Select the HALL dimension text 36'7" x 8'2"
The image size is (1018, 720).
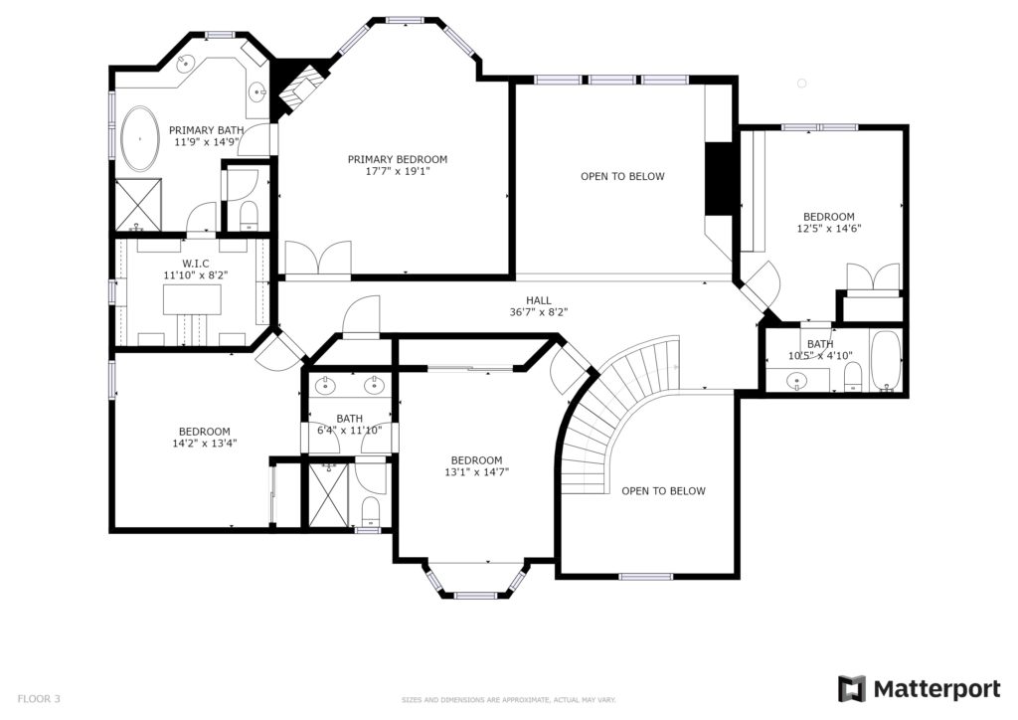539,312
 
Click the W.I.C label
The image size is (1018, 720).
196,264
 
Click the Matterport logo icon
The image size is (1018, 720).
852,689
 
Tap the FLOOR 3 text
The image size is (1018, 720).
39,699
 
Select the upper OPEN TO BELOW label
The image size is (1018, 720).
622,177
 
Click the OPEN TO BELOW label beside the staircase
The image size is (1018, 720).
663,491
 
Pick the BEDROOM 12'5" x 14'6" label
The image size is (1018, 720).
829,223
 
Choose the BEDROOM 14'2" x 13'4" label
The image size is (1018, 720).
205,438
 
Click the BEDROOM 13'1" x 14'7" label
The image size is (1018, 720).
476,466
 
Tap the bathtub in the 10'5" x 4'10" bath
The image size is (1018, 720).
886,361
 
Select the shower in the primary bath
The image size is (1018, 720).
137,205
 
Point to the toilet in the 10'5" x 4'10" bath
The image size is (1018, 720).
852,377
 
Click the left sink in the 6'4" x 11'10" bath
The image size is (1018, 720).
325,386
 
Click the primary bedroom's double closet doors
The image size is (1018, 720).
317,259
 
